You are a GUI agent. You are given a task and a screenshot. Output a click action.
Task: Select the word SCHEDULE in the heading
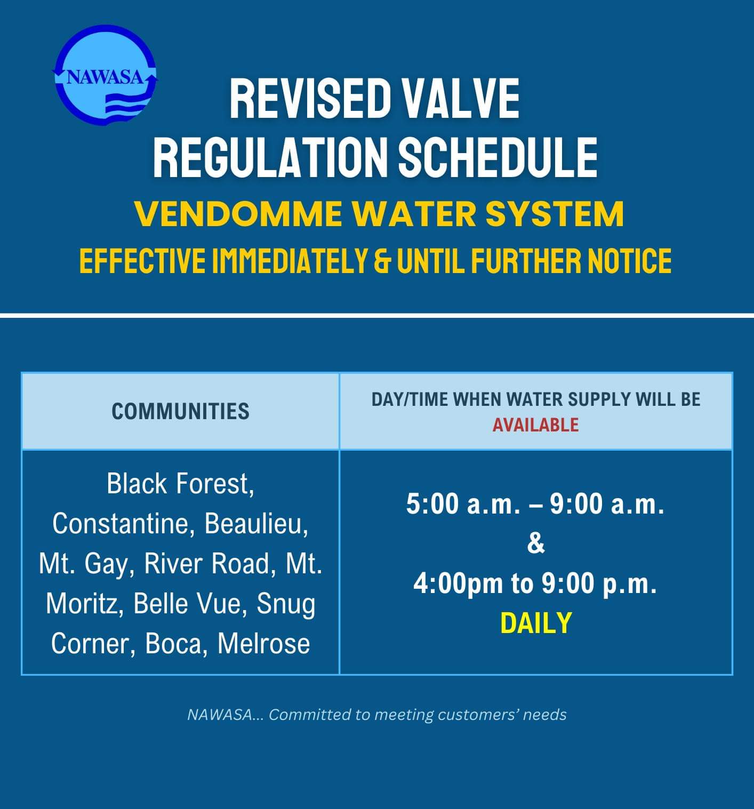click(498, 157)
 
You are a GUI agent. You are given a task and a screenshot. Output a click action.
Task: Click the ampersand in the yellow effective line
click(382, 261)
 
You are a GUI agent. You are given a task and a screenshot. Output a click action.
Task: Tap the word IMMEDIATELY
click(290, 261)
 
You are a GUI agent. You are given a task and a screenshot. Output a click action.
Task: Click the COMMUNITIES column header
click(180, 411)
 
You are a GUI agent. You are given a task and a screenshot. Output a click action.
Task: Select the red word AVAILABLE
click(535, 425)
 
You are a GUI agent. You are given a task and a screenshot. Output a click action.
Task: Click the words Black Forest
click(180, 484)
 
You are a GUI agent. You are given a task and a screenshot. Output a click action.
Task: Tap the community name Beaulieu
click(256, 524)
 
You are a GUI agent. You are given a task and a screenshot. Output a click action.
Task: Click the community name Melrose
click(263, 644)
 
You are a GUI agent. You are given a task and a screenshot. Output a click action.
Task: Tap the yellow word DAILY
click(536, 623)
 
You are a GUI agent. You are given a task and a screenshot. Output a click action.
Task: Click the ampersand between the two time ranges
click(536, 543)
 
